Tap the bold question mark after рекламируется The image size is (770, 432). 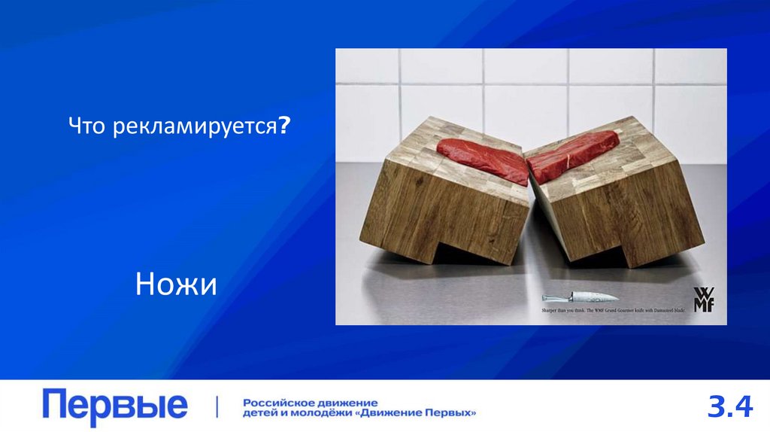click(x=286, y=127)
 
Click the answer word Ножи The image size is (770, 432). click(x=176, y=284)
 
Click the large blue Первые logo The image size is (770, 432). click(x=115, y=407)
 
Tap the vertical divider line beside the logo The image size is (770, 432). click(x=217, y=407)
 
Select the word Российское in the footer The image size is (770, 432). click(x=279, y=403)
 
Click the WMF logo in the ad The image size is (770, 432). click(x=704, y=297)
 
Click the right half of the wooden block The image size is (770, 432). click(x=617, y=203)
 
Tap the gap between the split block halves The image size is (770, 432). click(x=530, y=218)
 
